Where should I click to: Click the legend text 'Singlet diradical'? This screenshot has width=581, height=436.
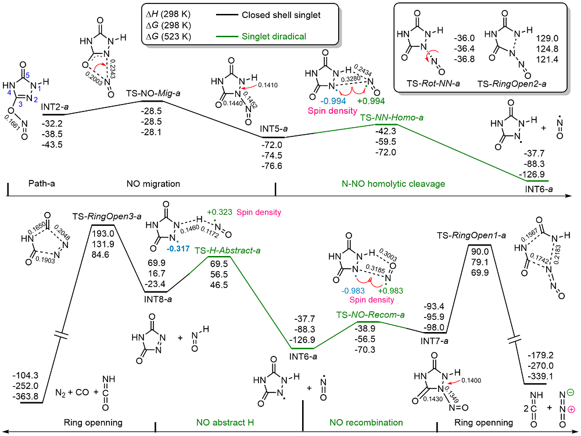(272, 36)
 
